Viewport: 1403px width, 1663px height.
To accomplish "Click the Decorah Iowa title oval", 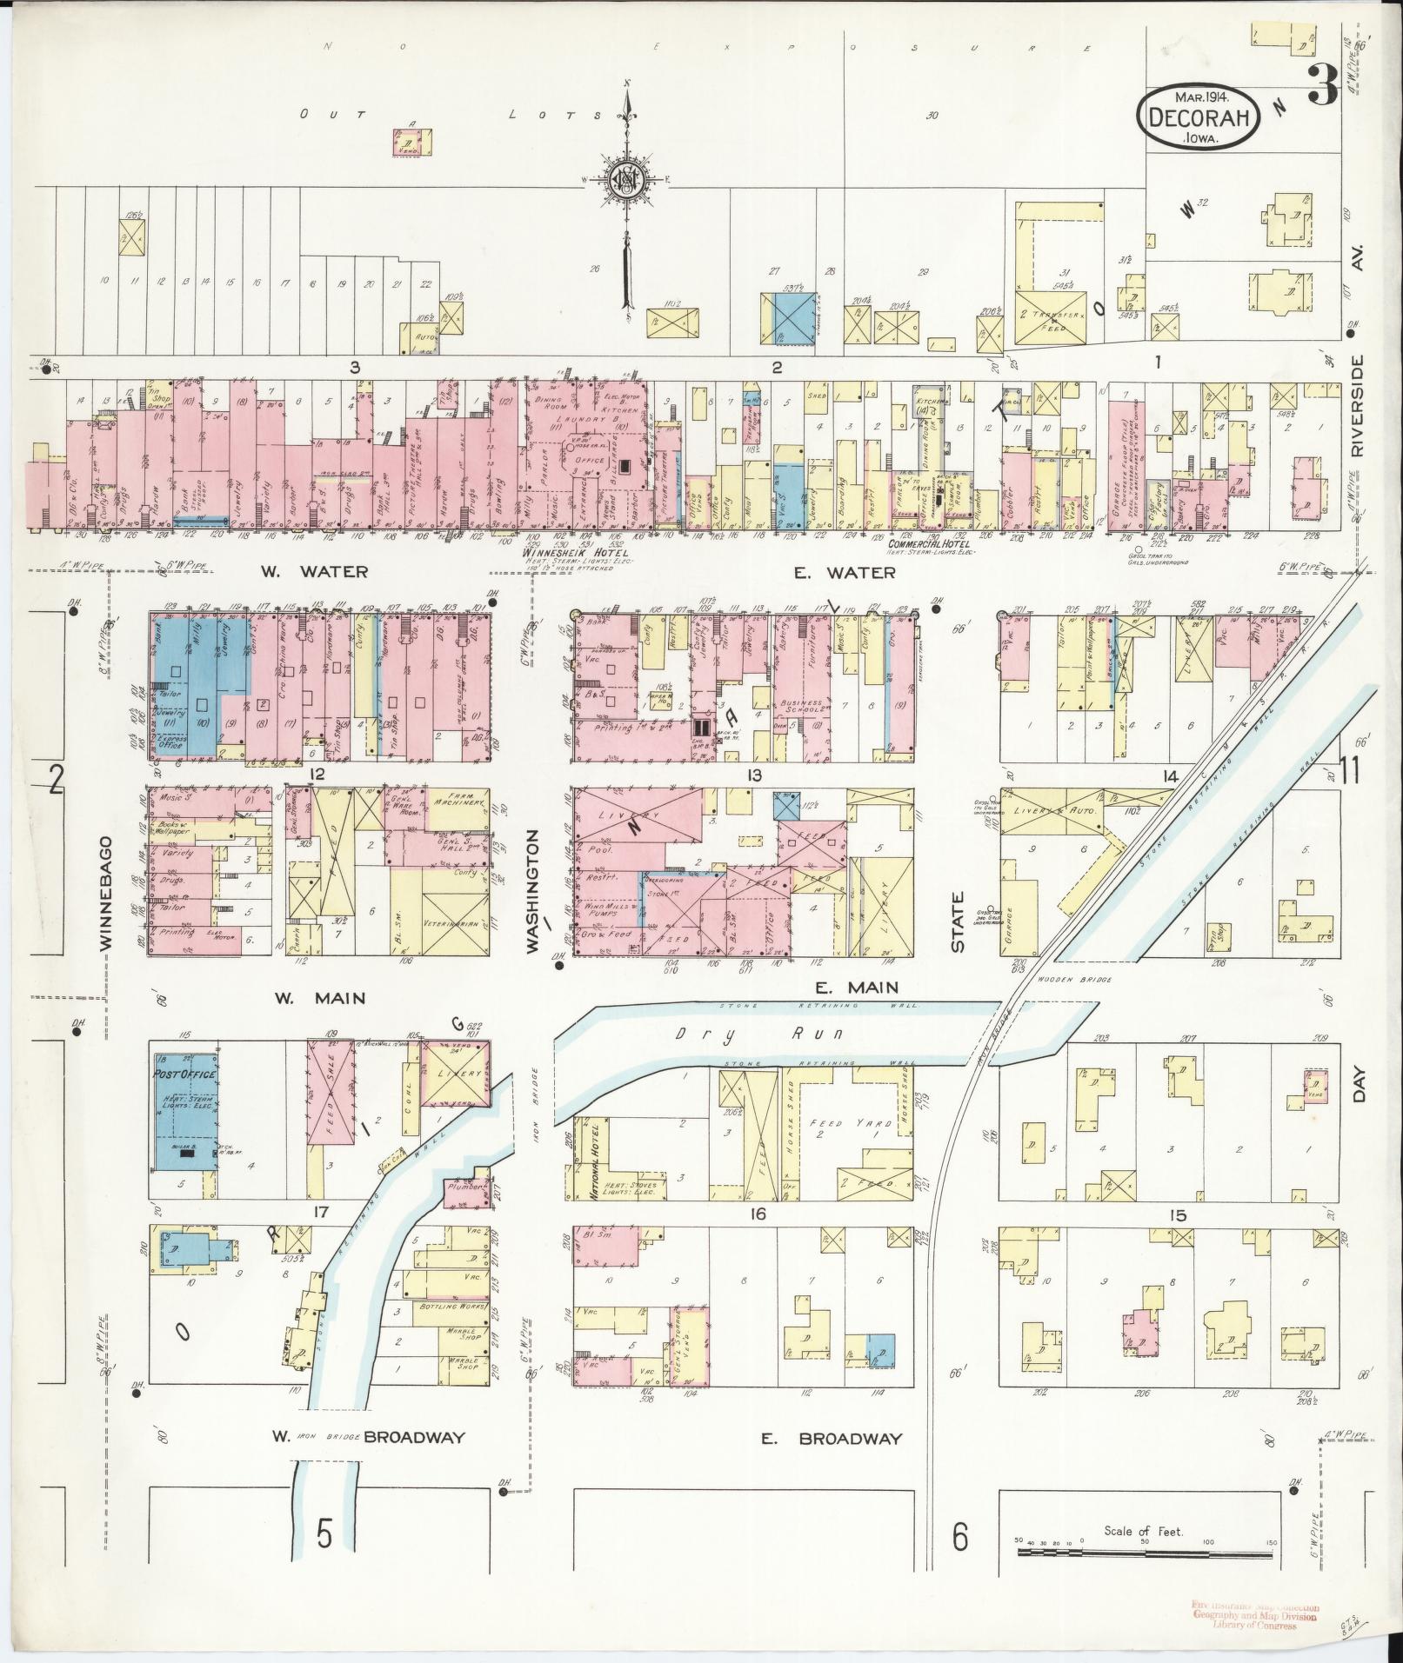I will [x=1198, y=117].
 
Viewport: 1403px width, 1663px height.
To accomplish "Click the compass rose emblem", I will [x=625, y=180].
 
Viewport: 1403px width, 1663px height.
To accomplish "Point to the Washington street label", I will [x=534, y=878].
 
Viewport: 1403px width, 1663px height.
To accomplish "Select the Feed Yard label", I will [x=835, y=1124].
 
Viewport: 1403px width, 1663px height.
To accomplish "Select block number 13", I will [x=753, y=775].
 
